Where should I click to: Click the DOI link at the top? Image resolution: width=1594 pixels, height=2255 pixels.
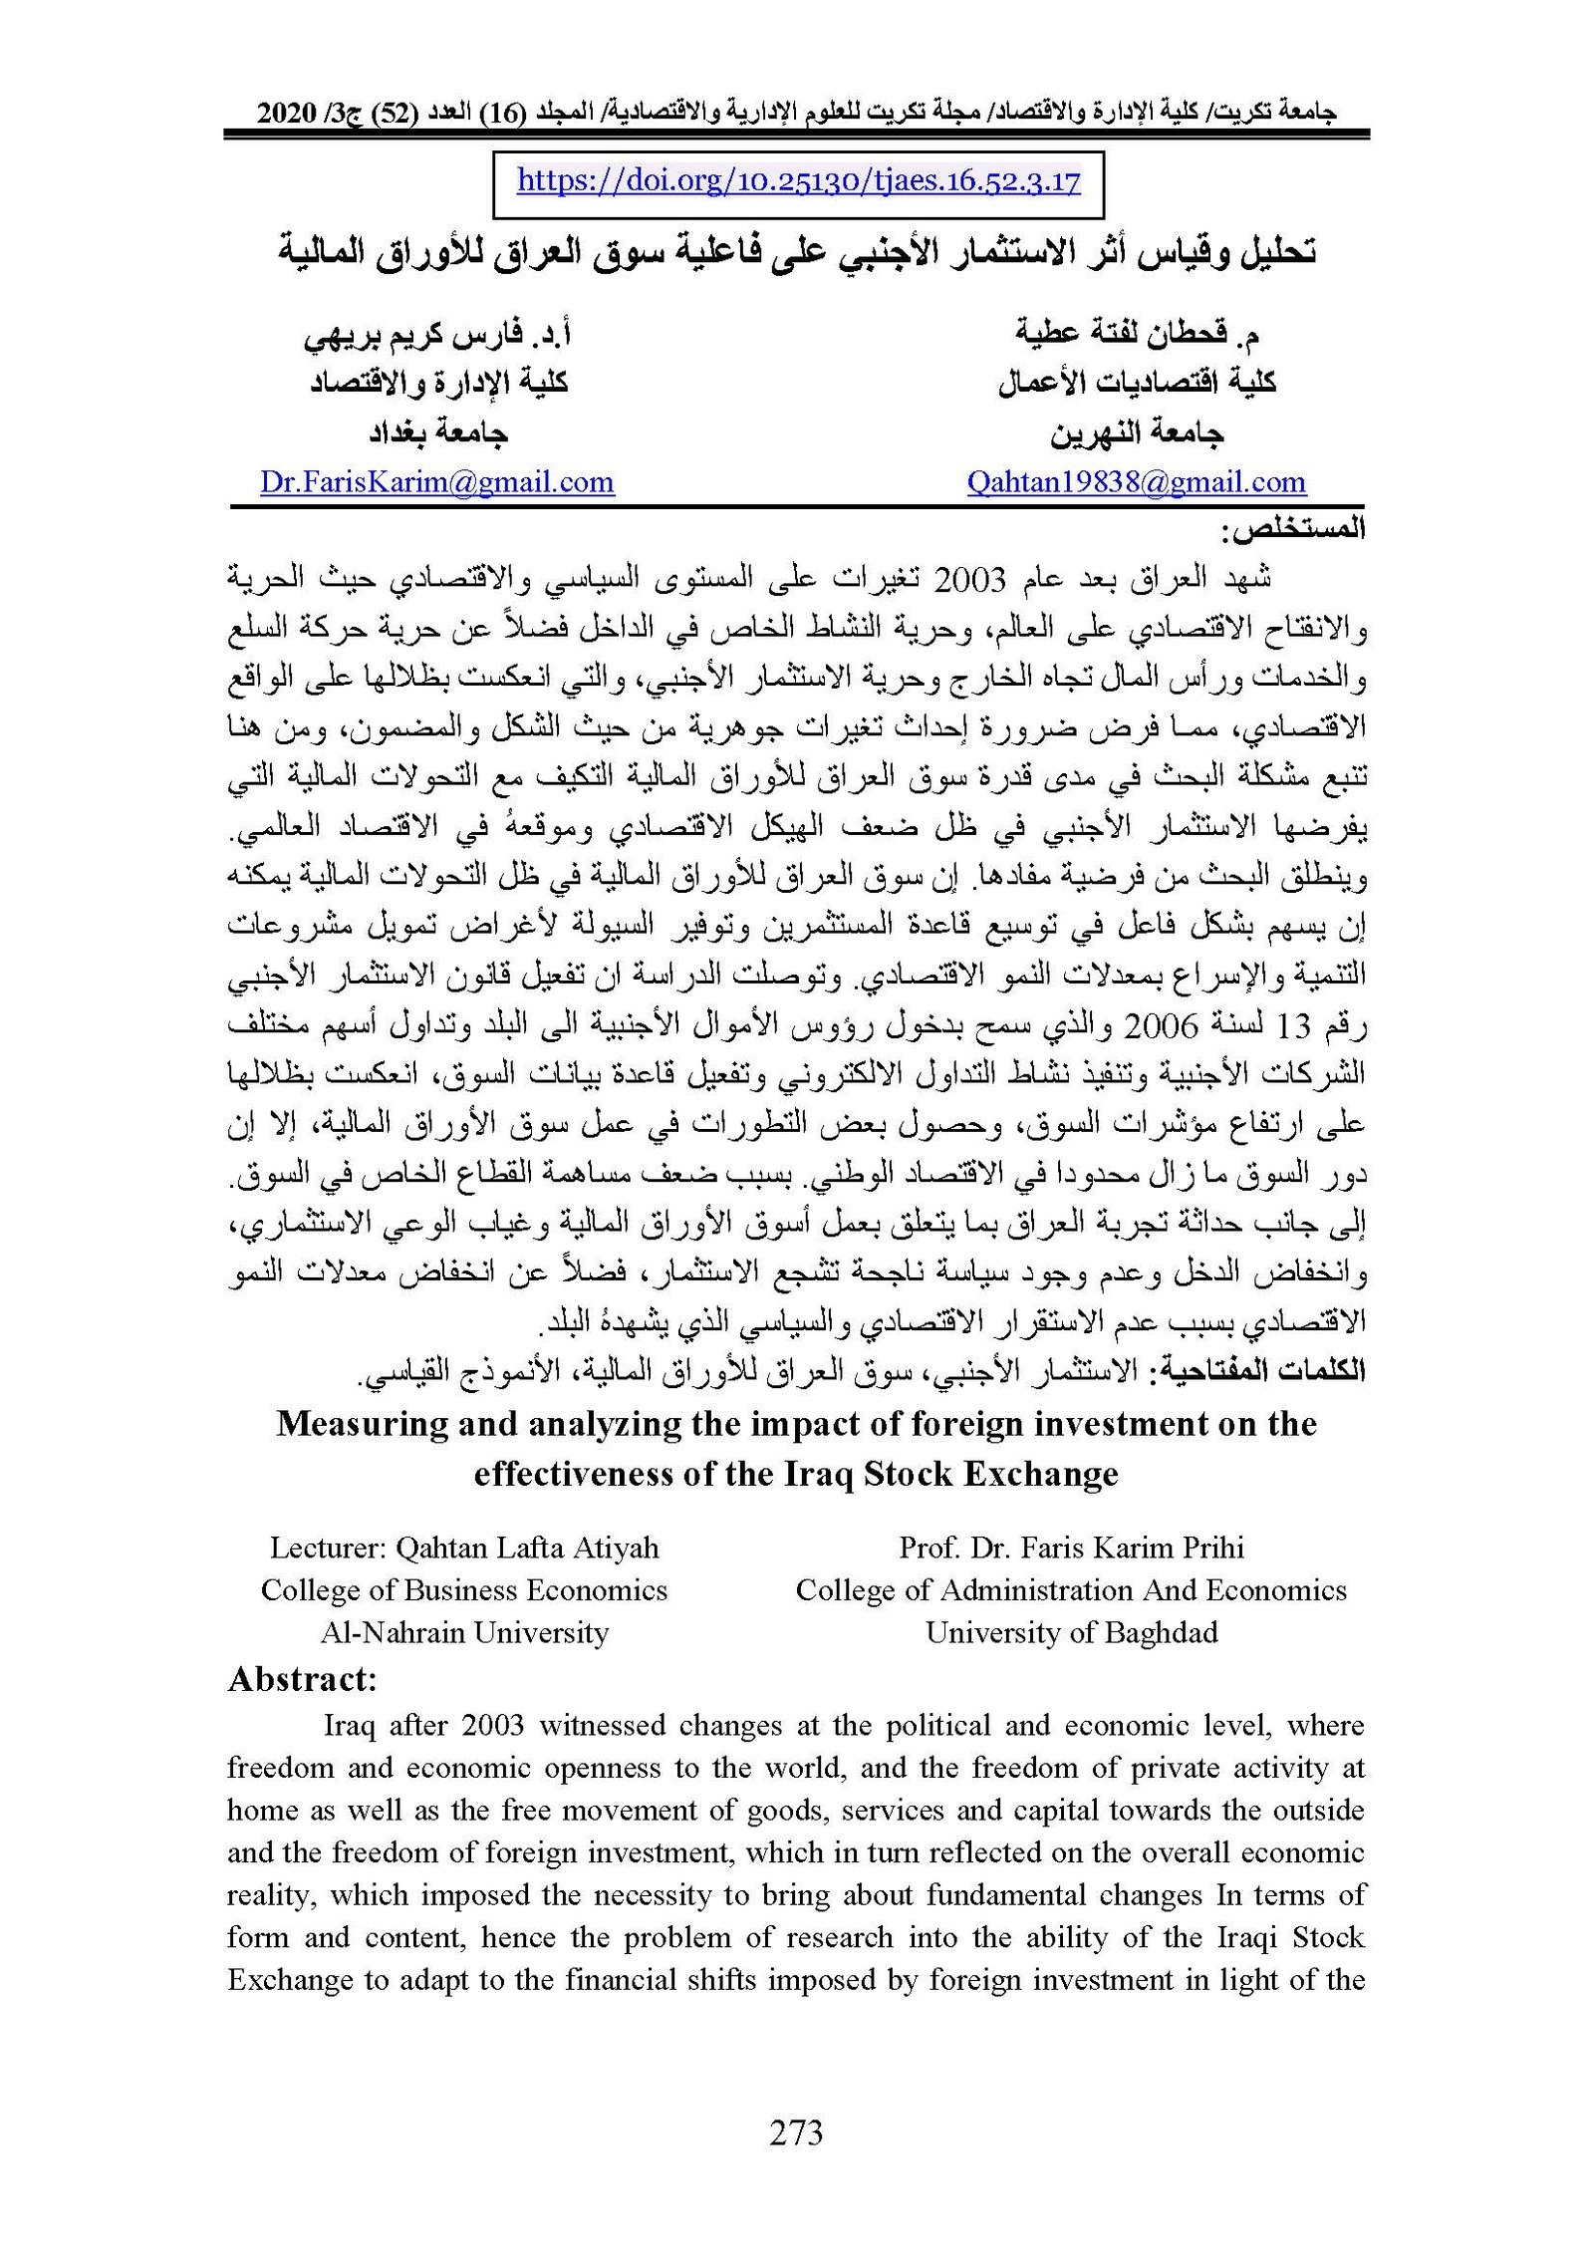[x=798, y=181]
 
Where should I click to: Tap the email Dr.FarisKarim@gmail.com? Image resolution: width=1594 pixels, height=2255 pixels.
[x=436, y=482]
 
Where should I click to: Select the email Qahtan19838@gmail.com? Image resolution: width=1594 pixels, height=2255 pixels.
[x=1136, y=482]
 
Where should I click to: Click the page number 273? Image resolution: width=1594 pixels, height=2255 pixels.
[x=796, y=2133]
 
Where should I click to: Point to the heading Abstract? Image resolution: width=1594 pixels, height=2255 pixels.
[x=302, y=1680]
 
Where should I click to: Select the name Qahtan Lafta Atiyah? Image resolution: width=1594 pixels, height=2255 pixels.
[x=527, y=1548]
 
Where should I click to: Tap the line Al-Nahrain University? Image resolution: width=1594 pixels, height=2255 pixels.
[x=464, y=1632]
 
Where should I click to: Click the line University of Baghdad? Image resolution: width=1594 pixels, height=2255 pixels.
[x=1071, y=1632]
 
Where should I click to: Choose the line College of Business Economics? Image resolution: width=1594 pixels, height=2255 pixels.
[x=464, y=1590]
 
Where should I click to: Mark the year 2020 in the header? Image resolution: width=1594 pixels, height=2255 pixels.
[x=285, y=114]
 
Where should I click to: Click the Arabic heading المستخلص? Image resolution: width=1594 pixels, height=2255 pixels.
[x=1298, y=529]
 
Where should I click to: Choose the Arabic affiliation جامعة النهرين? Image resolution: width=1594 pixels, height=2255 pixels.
[x=1136, y=432]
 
